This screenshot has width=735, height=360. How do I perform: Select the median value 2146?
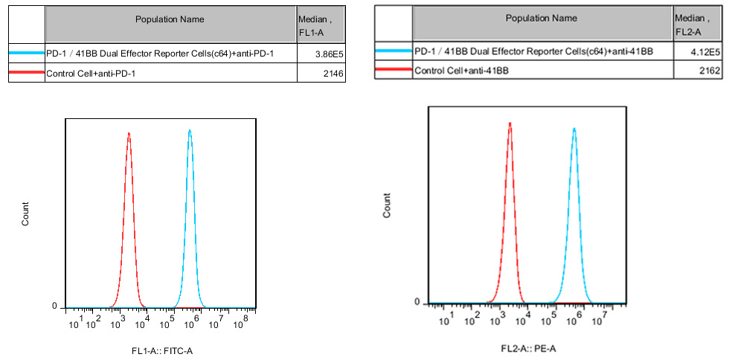point(333,73)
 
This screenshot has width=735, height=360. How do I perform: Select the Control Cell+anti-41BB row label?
point(462,71)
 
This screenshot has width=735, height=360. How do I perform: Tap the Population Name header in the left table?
point(170,19)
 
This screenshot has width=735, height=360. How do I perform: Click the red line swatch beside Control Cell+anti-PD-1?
point(27,73)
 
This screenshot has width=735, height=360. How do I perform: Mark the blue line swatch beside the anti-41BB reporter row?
point(394,51)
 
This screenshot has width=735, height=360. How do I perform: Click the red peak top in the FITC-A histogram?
point(129,134)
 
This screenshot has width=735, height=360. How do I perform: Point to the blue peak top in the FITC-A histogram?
point(190,131)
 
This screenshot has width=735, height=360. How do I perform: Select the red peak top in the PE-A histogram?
point(510,123)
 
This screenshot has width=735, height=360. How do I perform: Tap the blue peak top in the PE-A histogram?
point(574,128)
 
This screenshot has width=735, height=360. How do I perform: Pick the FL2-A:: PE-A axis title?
point(528,348)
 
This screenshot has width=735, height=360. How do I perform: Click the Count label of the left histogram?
point(26,214)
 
